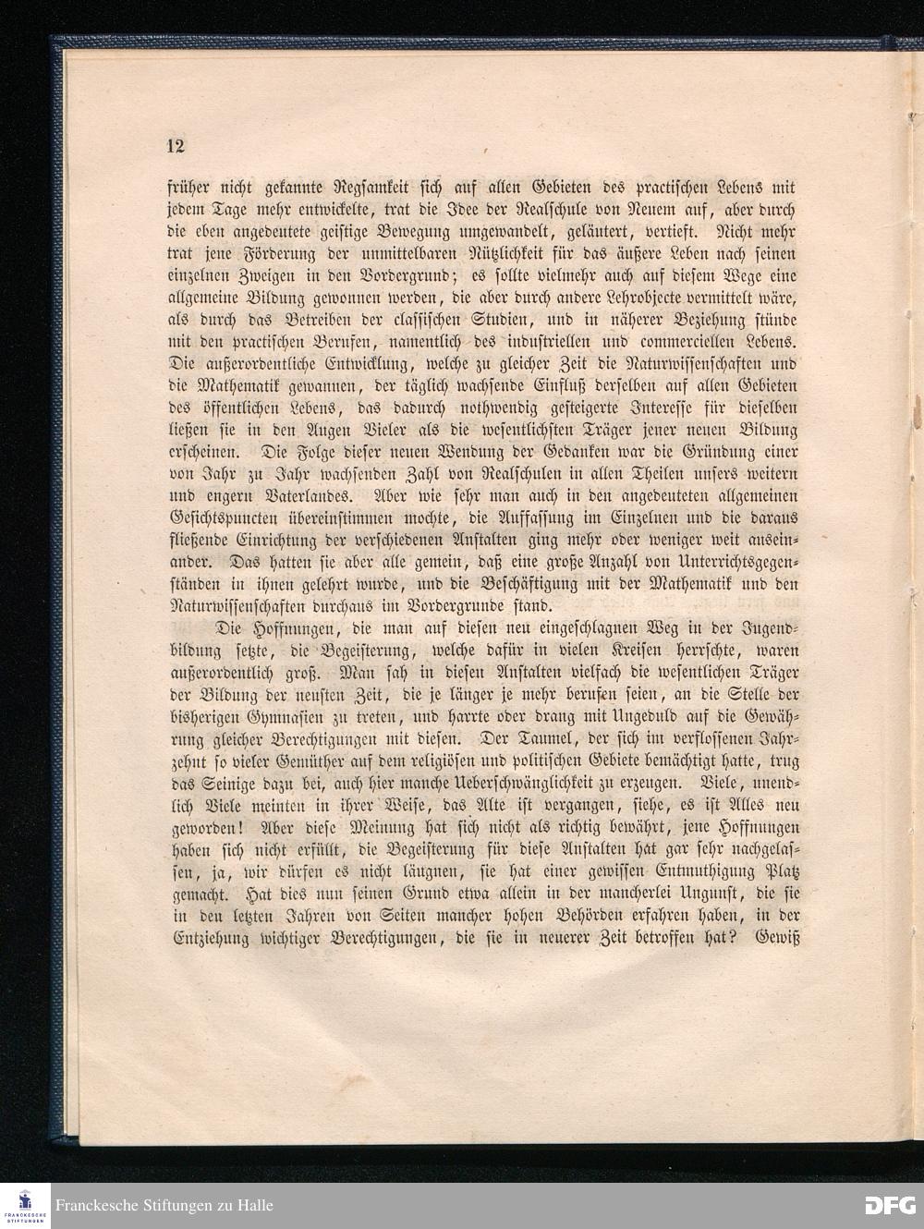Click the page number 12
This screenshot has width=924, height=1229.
176,146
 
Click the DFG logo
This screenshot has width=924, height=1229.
890,1205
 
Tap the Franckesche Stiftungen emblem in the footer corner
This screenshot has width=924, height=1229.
25,1205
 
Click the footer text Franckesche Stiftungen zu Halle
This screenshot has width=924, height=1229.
164,1205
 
